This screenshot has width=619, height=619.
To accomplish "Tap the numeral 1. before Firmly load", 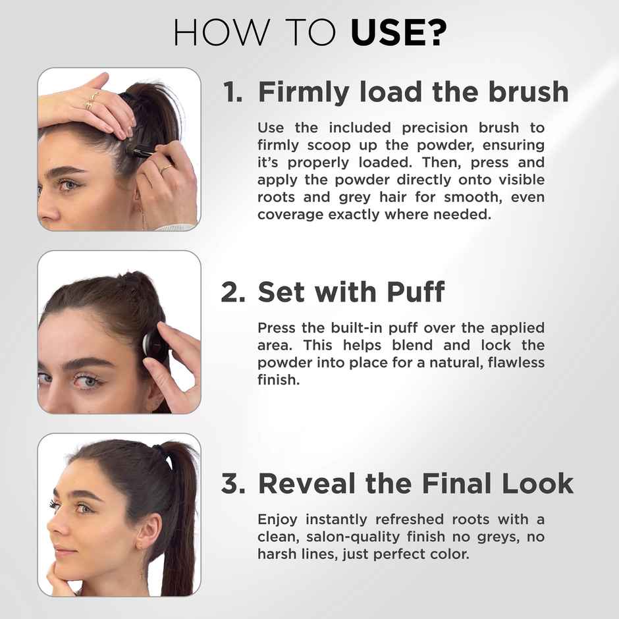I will tap(233, 92).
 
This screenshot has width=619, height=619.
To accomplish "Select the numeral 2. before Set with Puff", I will tap(233, 292).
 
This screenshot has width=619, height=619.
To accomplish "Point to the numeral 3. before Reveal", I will tap(234, 483).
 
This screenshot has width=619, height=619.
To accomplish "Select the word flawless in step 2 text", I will tap(516, 363).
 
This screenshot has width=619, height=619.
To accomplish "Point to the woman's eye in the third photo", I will tap(83, 508).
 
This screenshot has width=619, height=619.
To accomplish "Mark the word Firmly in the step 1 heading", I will tap(304, 92).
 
